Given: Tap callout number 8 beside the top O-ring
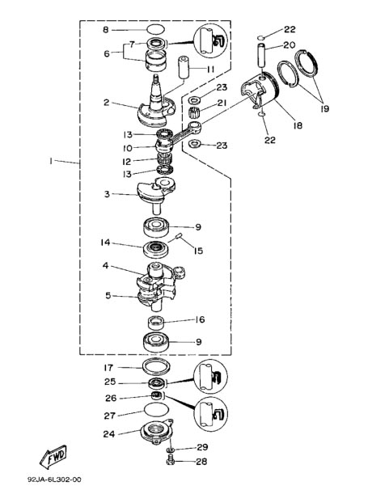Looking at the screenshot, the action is pos(106,30).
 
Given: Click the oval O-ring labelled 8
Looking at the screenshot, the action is pos(156,30).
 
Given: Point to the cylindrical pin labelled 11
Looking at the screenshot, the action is pos(184,67).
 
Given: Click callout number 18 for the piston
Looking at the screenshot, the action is pos(298,125).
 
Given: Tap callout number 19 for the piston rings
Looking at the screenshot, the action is pos(324,108).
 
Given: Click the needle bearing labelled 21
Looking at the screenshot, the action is pos(195,112).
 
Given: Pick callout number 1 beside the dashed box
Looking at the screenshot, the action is pos(50,161).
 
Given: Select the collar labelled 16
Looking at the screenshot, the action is pos(156,323).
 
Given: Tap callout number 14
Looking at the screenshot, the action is pos(105,243).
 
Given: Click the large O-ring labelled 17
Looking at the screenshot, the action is pos(157,367).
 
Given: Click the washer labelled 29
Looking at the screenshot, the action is pos(171,450).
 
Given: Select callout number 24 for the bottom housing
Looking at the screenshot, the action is pos(109,434).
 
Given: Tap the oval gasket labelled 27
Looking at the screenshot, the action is pos(156,409).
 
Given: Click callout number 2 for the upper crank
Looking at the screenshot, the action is pos(106,103).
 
